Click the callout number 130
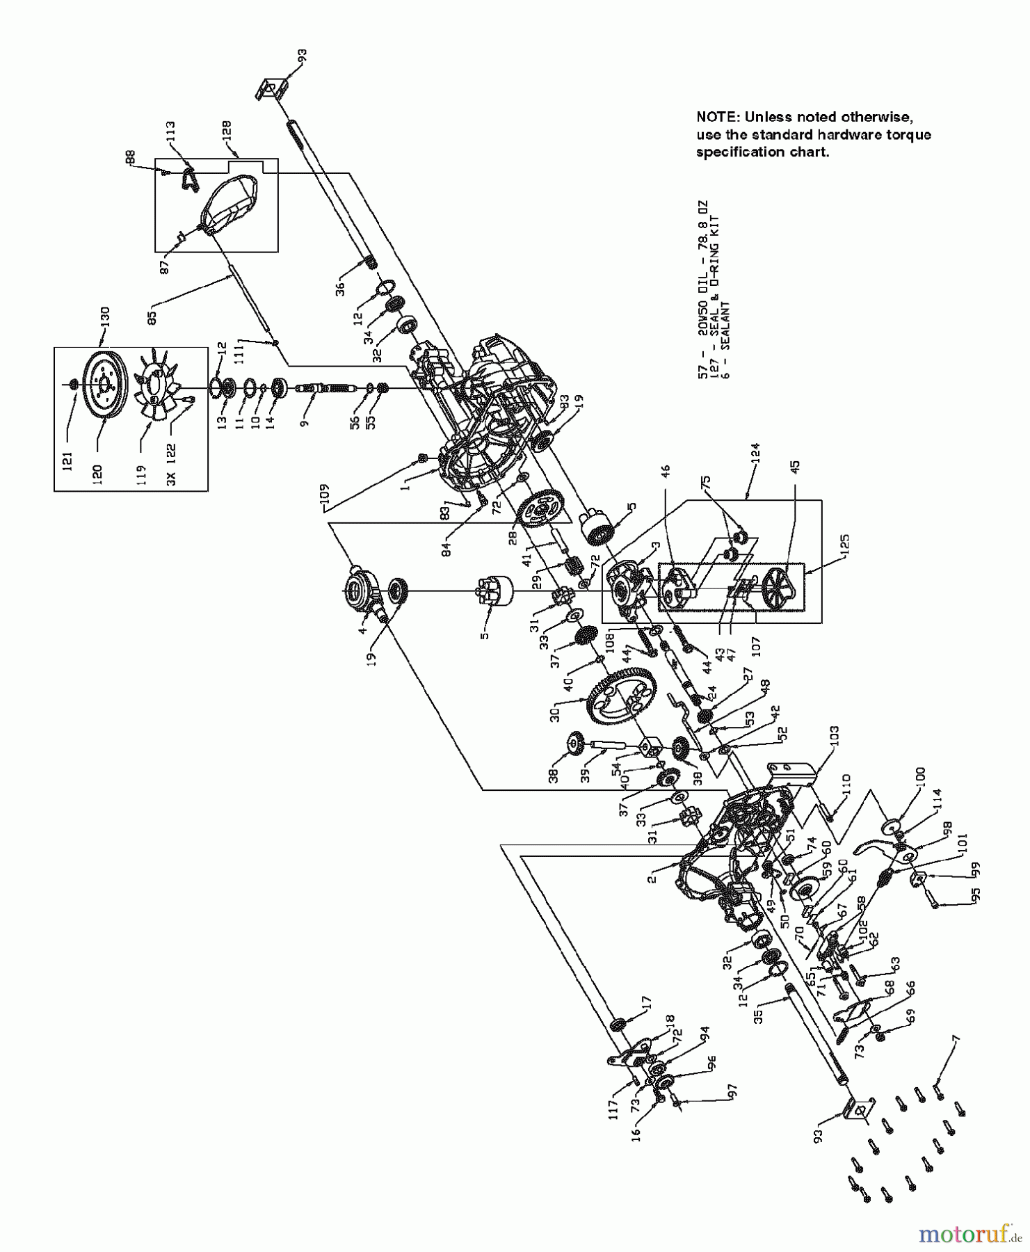[x=105, y=316]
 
